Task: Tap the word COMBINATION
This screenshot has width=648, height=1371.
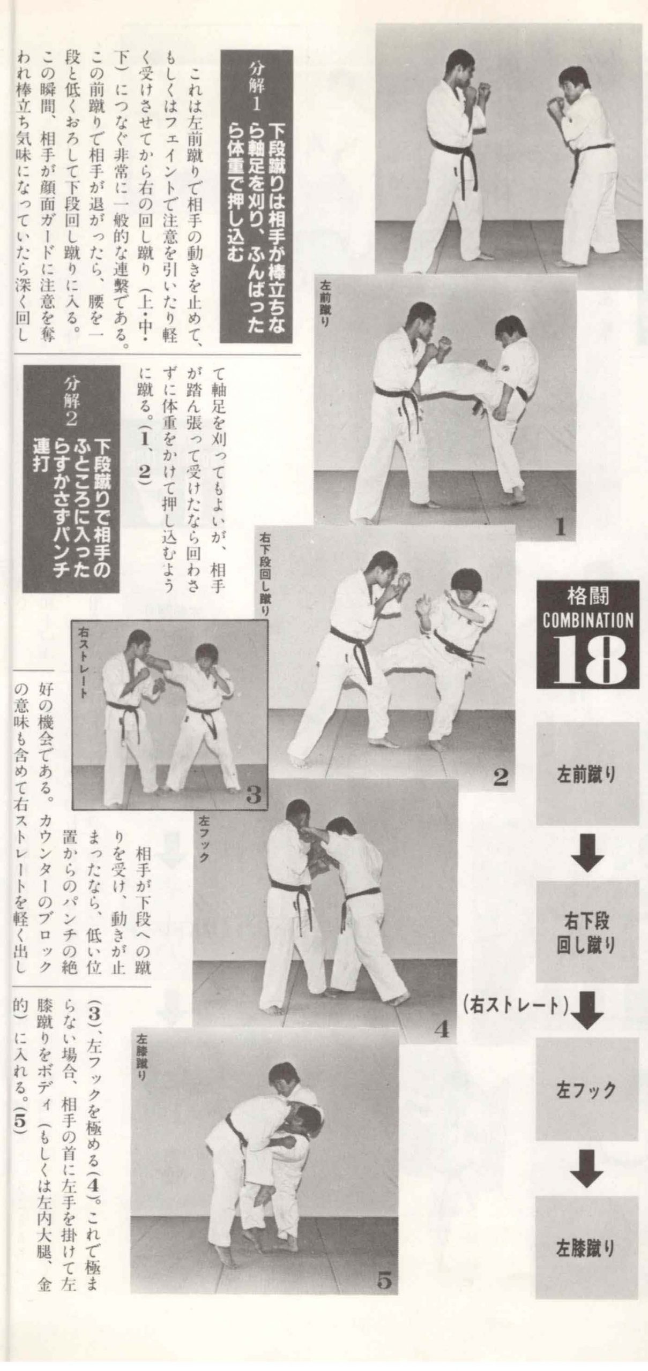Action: tap(588, 621)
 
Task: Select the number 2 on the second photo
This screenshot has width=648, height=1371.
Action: tap(500, 777)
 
